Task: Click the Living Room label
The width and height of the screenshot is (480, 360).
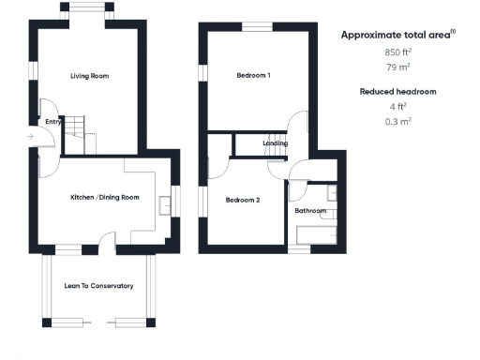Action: (91, 76)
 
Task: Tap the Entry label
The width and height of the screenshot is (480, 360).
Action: (52, 121)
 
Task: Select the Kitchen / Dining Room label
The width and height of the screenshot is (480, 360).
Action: (105, 197)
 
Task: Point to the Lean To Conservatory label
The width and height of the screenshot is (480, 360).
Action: (98, 286)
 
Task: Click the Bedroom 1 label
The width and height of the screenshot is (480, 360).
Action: (253, 76)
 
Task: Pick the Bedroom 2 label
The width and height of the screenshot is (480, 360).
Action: (243, 200)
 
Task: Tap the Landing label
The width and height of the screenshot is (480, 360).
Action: (275, 143)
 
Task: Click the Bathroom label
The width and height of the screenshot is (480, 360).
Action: (310, 212)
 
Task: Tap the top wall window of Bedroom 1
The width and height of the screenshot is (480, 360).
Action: (255, 26)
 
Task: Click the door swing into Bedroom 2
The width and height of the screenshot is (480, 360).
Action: (218, 167)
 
